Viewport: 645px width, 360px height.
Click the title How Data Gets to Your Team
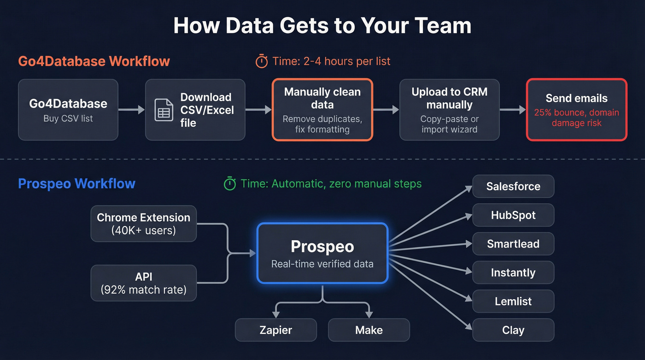pyautogui.click(x=322, y=25)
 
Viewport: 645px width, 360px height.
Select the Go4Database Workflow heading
pyautogui.click(x=94, y=61)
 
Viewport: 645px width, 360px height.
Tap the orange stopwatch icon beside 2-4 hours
pyautogui.click(x=262, y=61)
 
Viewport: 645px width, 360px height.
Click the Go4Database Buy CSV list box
pyautogui.click(x=68, y=110)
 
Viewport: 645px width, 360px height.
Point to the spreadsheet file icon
pyautogui.click(x=164, y=110)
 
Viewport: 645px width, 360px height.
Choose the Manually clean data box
pyautogui.click(x=322, y=110)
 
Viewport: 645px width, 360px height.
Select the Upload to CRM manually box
pyautogui.click(x=449, y=110)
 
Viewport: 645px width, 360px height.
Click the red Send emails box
pyautogui.click(x=576, y=110)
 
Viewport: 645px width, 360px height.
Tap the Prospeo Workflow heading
pyautogui.click(x=76, y=184)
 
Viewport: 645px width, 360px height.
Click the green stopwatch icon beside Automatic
pyautogui.click(x=229, y=184)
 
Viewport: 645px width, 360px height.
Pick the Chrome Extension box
pyautogui.click(x=143, y=224)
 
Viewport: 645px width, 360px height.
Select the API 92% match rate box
pyautogui.click(x=143, y=283)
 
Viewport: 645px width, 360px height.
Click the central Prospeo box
pyautogui.click(x=322, y=253)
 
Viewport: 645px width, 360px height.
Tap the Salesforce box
pyautogui.click(x=513, y=187)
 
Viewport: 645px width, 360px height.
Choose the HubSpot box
pyautogui.click(x=513, y=215)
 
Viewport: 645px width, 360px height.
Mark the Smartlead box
pyautogui.click(x=513, y=244)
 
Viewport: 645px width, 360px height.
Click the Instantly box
pyautogui.click(x=513, y=272)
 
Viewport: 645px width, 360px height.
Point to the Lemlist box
pyautogui.click(x=513, y=301)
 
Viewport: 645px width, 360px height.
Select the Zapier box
pyautogui.click(x=276, y=330)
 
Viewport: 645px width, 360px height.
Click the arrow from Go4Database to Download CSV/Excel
pyautogui.click(x=131, y=110)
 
